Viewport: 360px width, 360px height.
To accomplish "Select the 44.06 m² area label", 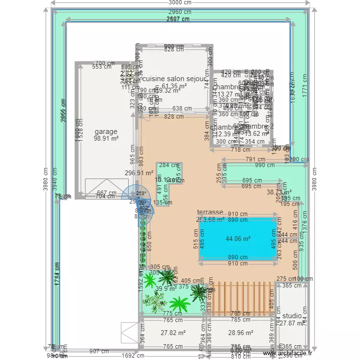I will tap(239, 239).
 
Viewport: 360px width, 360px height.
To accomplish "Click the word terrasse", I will tap(210, 212).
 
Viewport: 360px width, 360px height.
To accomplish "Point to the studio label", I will tap(292, 316).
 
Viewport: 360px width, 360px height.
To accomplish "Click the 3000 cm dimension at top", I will tap(180, 3).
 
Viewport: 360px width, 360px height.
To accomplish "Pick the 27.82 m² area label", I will tap(173, 332).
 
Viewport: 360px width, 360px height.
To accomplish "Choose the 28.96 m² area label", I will tap(240, 332).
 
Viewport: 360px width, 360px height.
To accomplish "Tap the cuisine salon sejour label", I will tap(174, 79).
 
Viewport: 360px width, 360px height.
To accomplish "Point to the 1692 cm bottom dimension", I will tap(133, 356).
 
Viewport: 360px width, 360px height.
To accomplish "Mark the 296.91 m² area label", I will tap(139, 173).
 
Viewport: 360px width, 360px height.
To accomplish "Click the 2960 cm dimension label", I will tap(180, 12).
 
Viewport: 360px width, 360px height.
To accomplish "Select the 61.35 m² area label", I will tap(174, 86).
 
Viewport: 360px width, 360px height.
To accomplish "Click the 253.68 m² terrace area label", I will tap(210, 220).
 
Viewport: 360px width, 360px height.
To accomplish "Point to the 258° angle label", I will tap(141, 193).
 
